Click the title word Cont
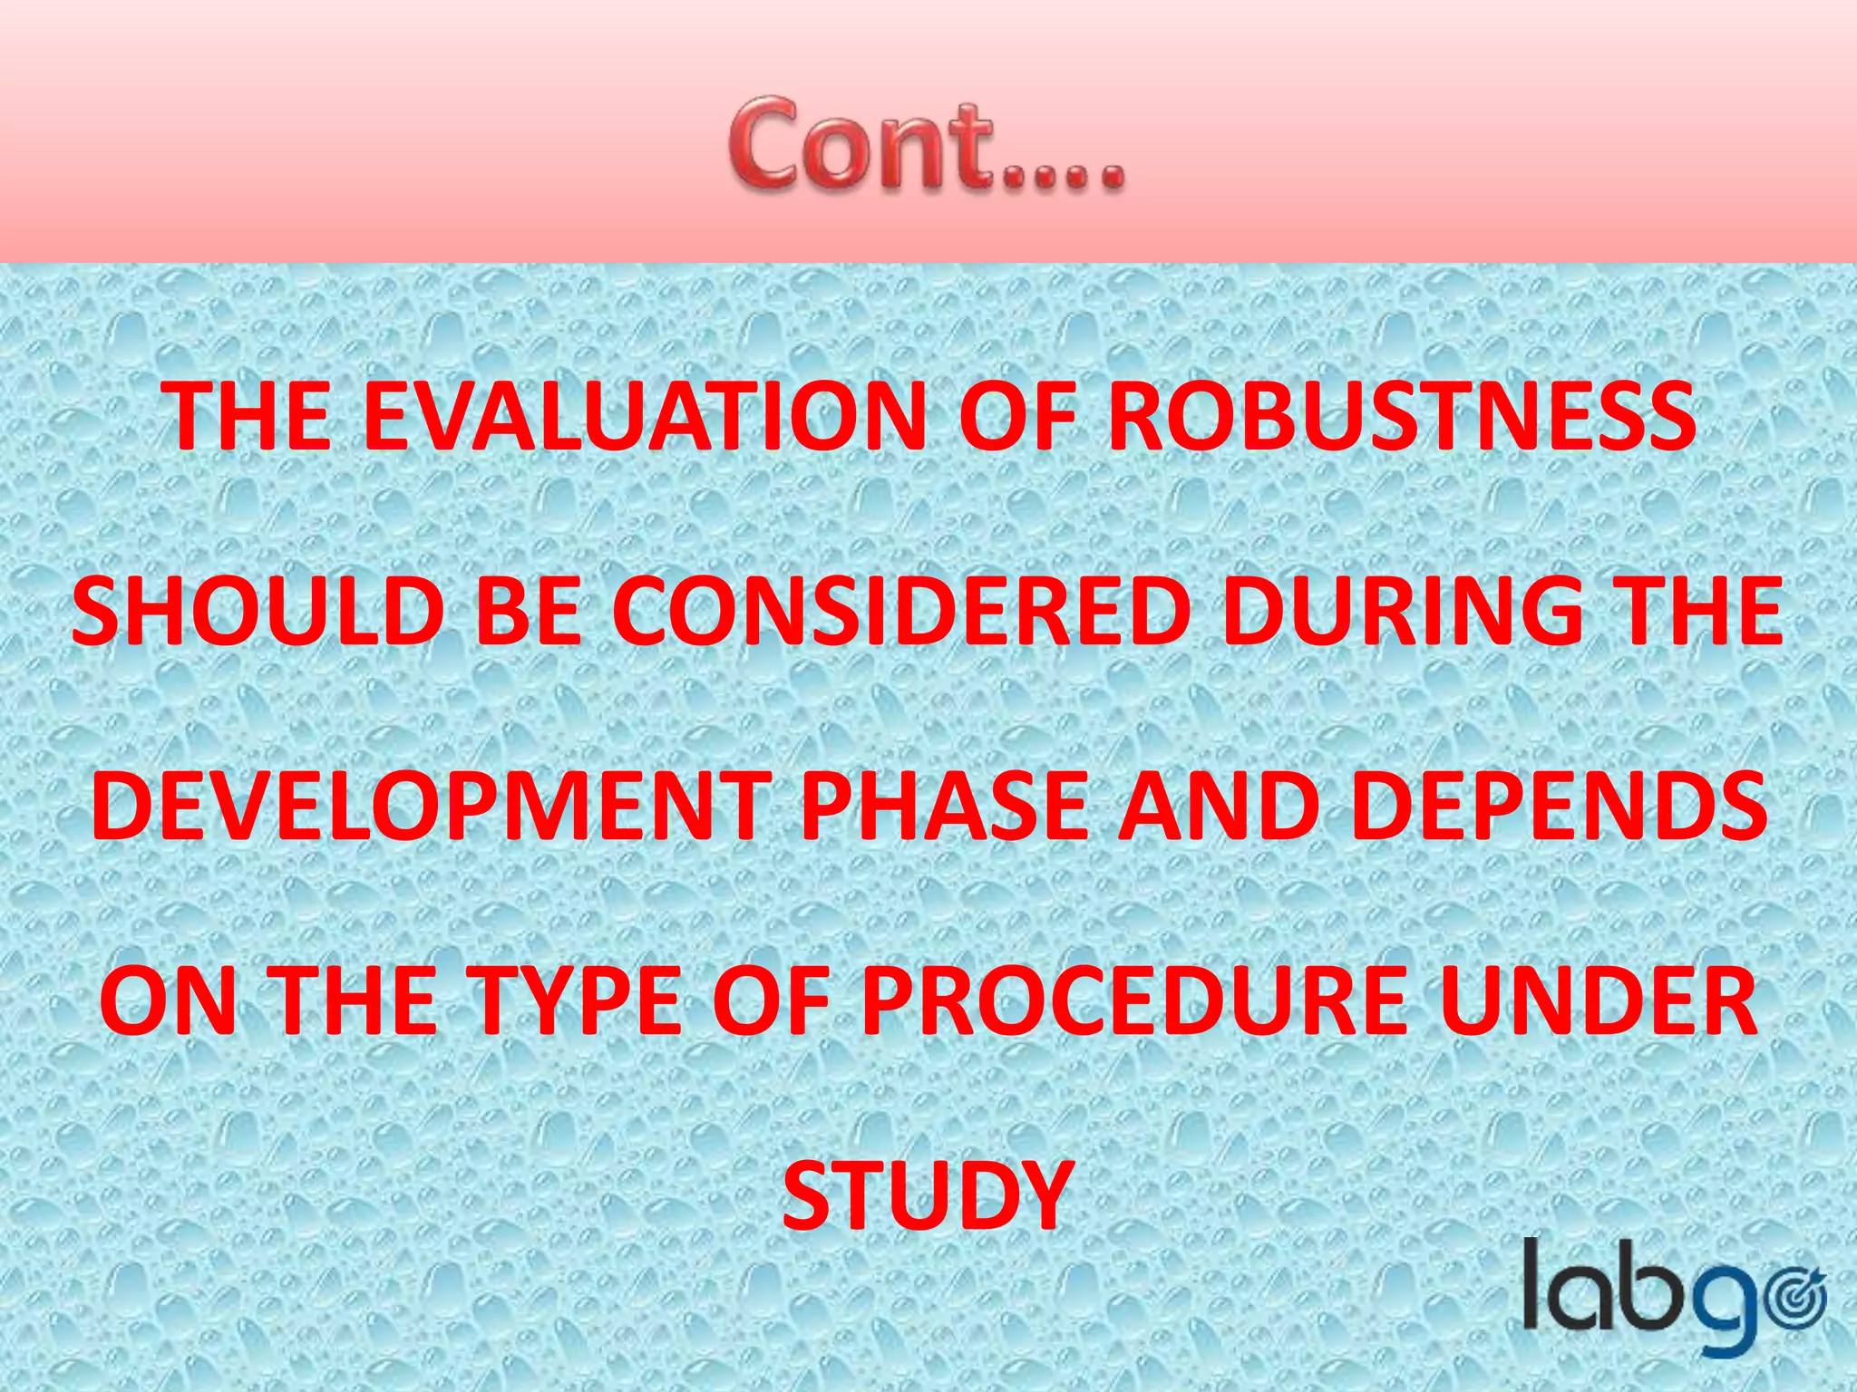click(925, 145)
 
